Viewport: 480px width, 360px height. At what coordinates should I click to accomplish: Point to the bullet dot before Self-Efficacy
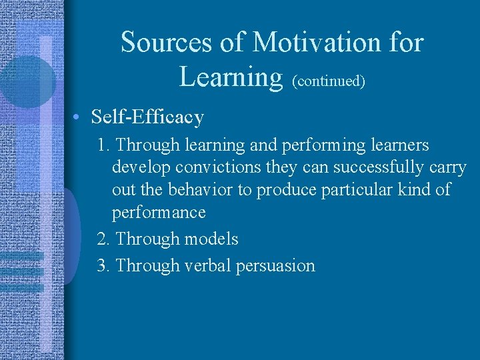pos(78,118)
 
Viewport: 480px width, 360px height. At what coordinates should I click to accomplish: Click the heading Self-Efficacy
pos(147,117)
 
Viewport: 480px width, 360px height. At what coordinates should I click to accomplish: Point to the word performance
pos(159,213)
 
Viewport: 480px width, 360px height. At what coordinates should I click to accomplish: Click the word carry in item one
pos(447,167)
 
